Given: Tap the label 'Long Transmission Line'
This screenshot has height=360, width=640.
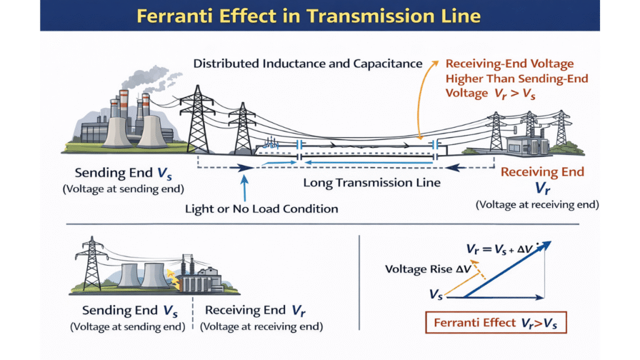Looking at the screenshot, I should click(x=372, y=183).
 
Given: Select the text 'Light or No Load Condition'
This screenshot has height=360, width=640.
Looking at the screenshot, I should click(x=261, y=208).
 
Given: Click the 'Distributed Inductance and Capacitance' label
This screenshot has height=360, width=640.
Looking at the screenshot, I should click(x=308, y=63).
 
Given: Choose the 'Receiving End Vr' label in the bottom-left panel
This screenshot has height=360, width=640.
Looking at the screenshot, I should click(x=255, y=311).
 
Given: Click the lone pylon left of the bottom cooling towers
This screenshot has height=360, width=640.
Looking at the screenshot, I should click(x=92, y=264).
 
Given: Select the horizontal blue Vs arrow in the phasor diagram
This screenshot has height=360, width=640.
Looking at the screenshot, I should click(x=497, y=297).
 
